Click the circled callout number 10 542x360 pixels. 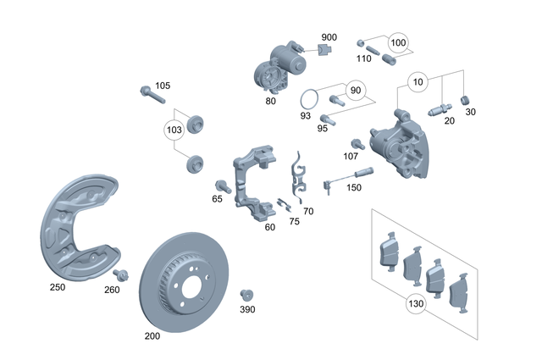pos(417,82)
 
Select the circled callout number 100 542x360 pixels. pos(398,42)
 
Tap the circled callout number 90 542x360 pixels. pos(355,91)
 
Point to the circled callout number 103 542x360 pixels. pos(174,130)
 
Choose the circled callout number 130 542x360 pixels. pos(415,302)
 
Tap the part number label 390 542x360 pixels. pos(246,311)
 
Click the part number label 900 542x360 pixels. pos(329,37)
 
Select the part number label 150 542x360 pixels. pos(354,188)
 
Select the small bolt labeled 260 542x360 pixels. pos(120,274)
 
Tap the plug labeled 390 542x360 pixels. pos(246,294)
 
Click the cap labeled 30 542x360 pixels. pos(465,102)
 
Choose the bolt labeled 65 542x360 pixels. pos(223,185)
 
